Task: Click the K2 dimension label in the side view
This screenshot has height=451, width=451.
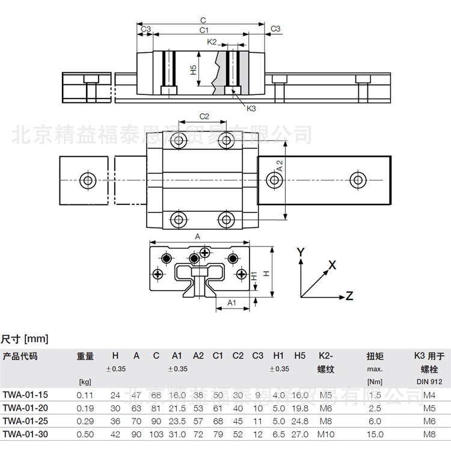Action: click(x=212, y=42)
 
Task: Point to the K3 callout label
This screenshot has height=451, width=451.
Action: click(x=251, y=108)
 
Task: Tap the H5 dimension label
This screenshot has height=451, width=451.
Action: click(x=193, y=70)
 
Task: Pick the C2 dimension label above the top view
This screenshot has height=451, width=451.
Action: click(x=204, y=116)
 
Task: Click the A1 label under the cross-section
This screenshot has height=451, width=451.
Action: click(x=230, y=303)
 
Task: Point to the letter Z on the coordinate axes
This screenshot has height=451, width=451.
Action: click(x=349, y=295)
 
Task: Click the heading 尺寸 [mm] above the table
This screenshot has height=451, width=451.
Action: click(x=24, y=339)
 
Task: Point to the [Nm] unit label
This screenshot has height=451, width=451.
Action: click(x=375, y=381)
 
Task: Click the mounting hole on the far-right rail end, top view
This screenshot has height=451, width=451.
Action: click(x=358, y=179)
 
